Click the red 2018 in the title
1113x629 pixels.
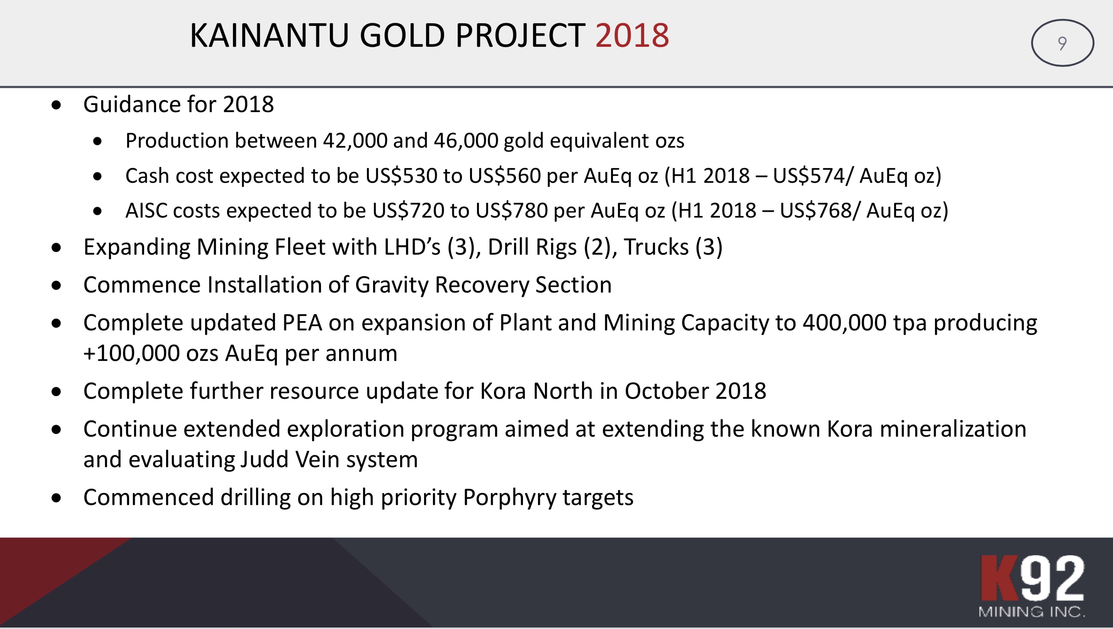pyautogui.click(x=632, y=35)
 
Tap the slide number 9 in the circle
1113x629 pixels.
pyautogui.click(x=1062, y=43)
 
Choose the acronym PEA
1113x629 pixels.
pyautogui.click(x=302, y=323)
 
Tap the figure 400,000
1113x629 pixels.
pyautogui.click(x=845, y=323)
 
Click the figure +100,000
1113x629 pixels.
pyautogui.click(x=131, y=353)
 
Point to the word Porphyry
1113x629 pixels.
pyautogui.click(x=509, y=498)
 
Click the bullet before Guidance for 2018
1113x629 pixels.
pyautogui.click(x=56, y=105)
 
